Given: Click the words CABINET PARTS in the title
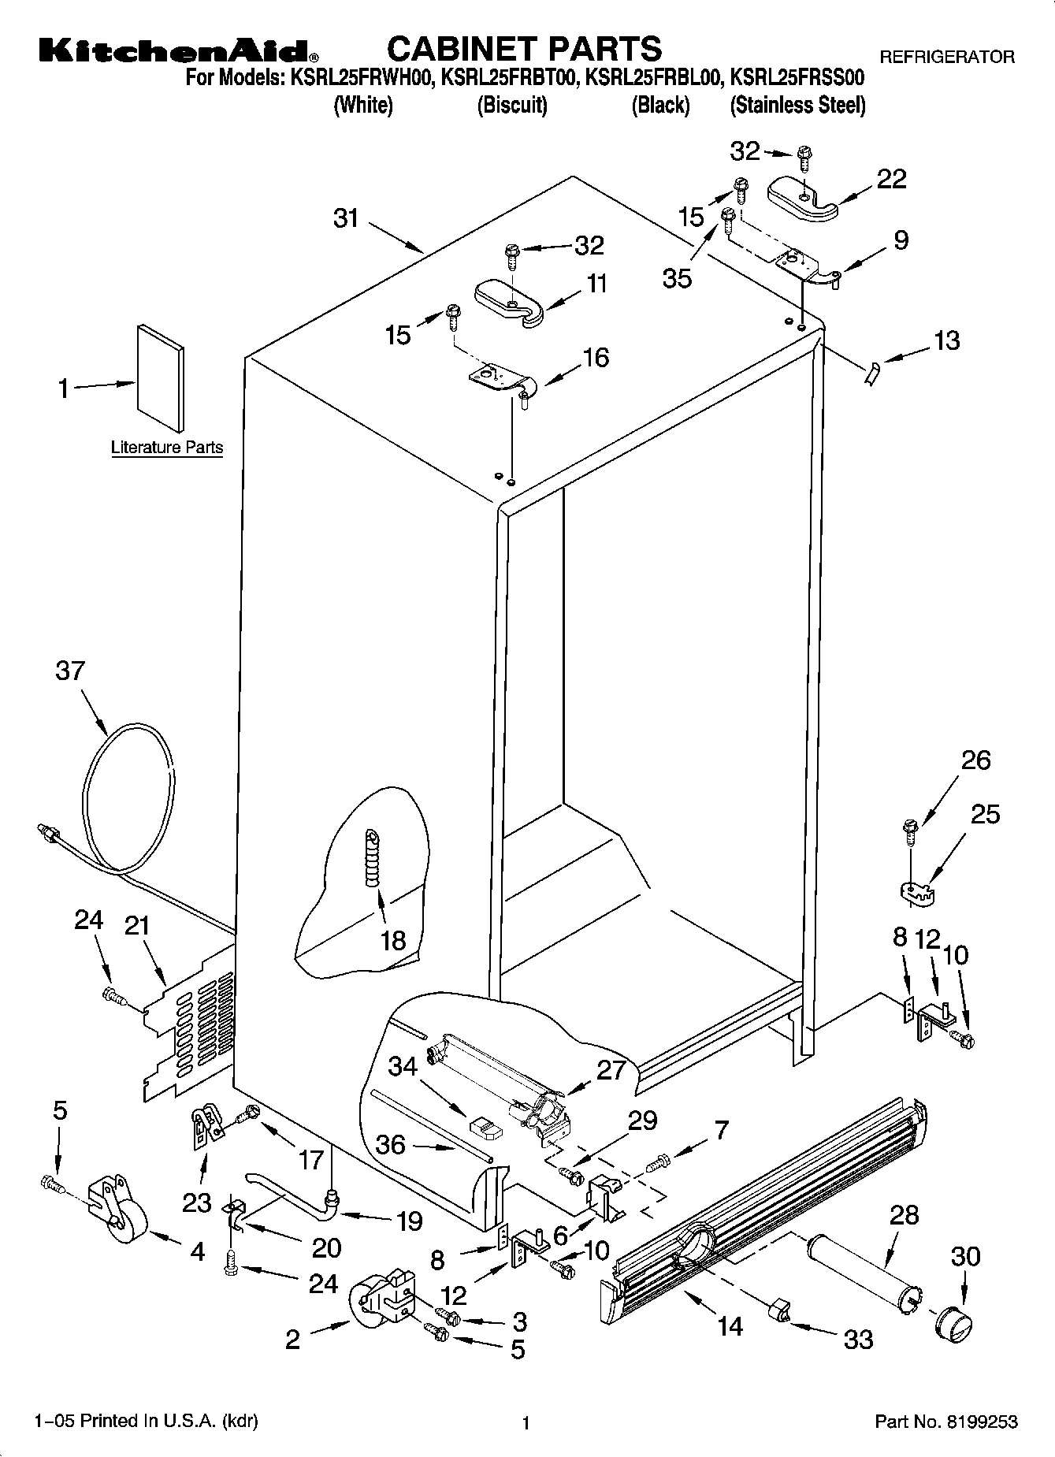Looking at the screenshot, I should [x=524, y=49].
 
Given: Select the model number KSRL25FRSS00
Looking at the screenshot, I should [x=797, y=78].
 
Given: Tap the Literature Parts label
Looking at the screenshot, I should [x=167, y=448].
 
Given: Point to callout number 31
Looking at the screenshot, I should [x=346, y=218].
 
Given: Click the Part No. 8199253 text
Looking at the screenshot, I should [x=946, y=1422].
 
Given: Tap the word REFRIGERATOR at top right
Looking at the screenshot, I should [x=946, y=57].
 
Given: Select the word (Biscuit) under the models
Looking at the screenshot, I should [x=512, y=105].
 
